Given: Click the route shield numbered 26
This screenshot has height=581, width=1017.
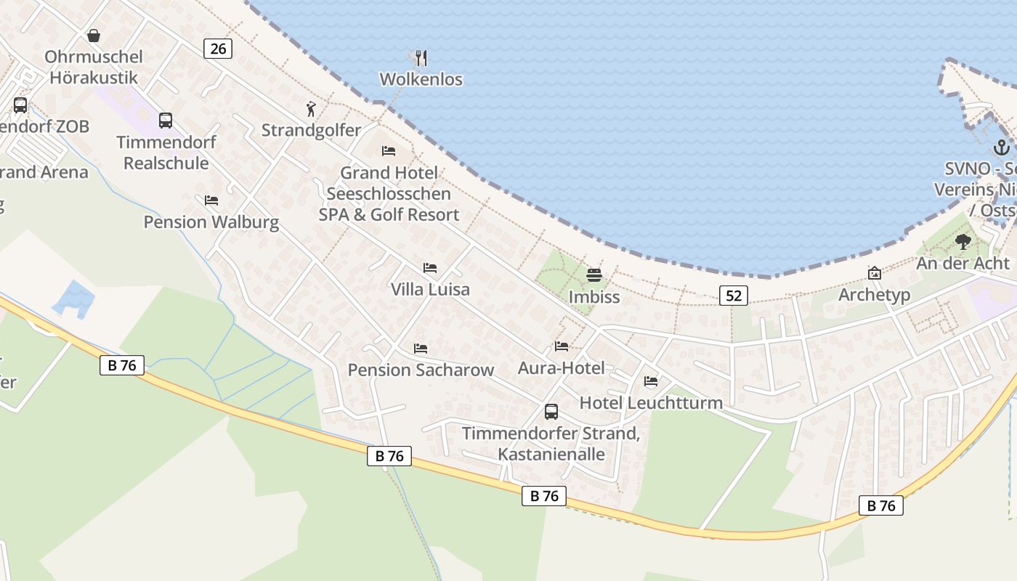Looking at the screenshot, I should pyautogui.click(x=218, y=49).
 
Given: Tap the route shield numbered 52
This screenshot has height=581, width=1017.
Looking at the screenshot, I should pyautogui.click(x=734, y=295).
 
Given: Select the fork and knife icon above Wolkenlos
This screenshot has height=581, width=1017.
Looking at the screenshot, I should pyautogui.click(x=421, y=58).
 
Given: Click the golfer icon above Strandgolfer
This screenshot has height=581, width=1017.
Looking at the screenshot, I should pyautogui.click(x=311, y=110).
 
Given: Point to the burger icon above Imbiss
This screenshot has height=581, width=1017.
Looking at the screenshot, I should pyautogui.click(x=594, y=276).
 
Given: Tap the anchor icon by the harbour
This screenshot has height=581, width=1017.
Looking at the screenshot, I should pyautogui.click(x=1002, y=147).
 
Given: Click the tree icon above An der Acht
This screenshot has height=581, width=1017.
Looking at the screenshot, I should pyautogui.click(x=963, y=242).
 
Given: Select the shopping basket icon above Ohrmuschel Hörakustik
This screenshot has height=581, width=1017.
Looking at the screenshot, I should pyautogui.click(x=94, y=36).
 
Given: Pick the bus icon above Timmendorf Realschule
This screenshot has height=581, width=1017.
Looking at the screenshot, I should pyautogui.click(x=166, y=121).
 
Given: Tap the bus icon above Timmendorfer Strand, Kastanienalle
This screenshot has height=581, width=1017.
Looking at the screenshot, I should pyautogui.click(x=551, y=412).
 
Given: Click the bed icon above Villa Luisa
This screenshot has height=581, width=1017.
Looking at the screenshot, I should pyautogui.click(x=430, y=268).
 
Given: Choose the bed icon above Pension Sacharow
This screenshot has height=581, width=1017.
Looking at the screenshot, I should pyautogui.click(x=421, y=349).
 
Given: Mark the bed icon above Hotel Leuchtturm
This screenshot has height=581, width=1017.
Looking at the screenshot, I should pyautogui.click(x=651, y=381).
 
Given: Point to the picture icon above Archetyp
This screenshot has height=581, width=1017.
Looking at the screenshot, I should pyautogui.click(x=875, y=274).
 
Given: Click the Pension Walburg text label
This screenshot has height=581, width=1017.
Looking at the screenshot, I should pyautogui.click(x=211, y=222).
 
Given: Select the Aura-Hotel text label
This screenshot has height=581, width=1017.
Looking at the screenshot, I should pyautogui.click(x=561, y=368).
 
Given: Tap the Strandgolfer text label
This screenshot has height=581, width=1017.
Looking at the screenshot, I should pyautogui.click(x=311, y=131).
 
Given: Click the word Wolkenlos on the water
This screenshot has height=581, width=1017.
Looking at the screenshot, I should pyautogui.click(x=421, y=79).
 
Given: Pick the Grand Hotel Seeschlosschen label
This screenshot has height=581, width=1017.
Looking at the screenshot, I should pyautogui.click(x=389, y=193).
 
